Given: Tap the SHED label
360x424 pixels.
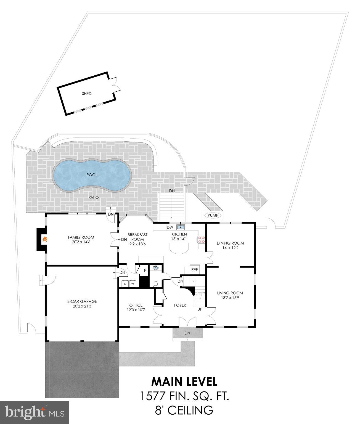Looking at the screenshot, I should click(x=87, y=94).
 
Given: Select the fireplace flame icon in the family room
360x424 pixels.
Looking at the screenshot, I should click(x=44, y=239).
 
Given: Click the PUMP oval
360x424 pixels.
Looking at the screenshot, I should click(x=213, y=215).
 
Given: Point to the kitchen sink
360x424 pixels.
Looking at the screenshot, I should click(x=181, y=227).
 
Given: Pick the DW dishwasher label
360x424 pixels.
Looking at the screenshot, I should click(x=170, y=227).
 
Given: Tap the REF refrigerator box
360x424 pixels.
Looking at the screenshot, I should click(x=194, y=270).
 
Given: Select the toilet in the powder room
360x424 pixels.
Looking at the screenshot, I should click(x=156, y=284).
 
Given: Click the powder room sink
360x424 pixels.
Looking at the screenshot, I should click(x=156, y=268).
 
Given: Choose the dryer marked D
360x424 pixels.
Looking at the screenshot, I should click(x=125, y=284).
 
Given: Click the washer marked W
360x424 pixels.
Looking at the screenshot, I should click(x=133, y=284).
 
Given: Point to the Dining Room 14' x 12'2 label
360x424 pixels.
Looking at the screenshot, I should click(x=230, y=245).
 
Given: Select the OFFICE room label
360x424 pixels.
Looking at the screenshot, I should click(x=136, y=305).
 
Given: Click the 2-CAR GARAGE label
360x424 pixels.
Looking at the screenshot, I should click(x=82, y=301).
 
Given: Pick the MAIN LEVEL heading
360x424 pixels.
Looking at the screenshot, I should click(x=184, y=381).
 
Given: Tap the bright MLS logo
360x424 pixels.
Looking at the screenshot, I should click(x=35, y=413).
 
